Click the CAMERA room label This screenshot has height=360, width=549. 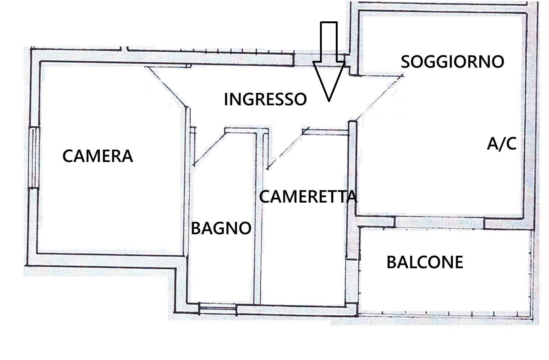(98, 156)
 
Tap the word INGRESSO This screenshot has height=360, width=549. (265, 99)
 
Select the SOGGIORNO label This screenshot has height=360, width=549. (453, 62)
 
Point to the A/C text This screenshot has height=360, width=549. (502, 144)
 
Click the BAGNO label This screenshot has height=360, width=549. (221, 228)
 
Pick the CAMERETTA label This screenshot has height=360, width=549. (308, 197)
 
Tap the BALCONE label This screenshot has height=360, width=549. (425, 262)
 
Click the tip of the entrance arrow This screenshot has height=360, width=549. (329, 101)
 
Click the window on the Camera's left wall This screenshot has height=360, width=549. (34, 157)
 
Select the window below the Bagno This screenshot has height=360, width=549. (217, 309)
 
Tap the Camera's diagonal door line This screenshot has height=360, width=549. (166, 87)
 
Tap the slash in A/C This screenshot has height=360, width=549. (502, 144)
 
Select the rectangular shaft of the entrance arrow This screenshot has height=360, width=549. (329, 42)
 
